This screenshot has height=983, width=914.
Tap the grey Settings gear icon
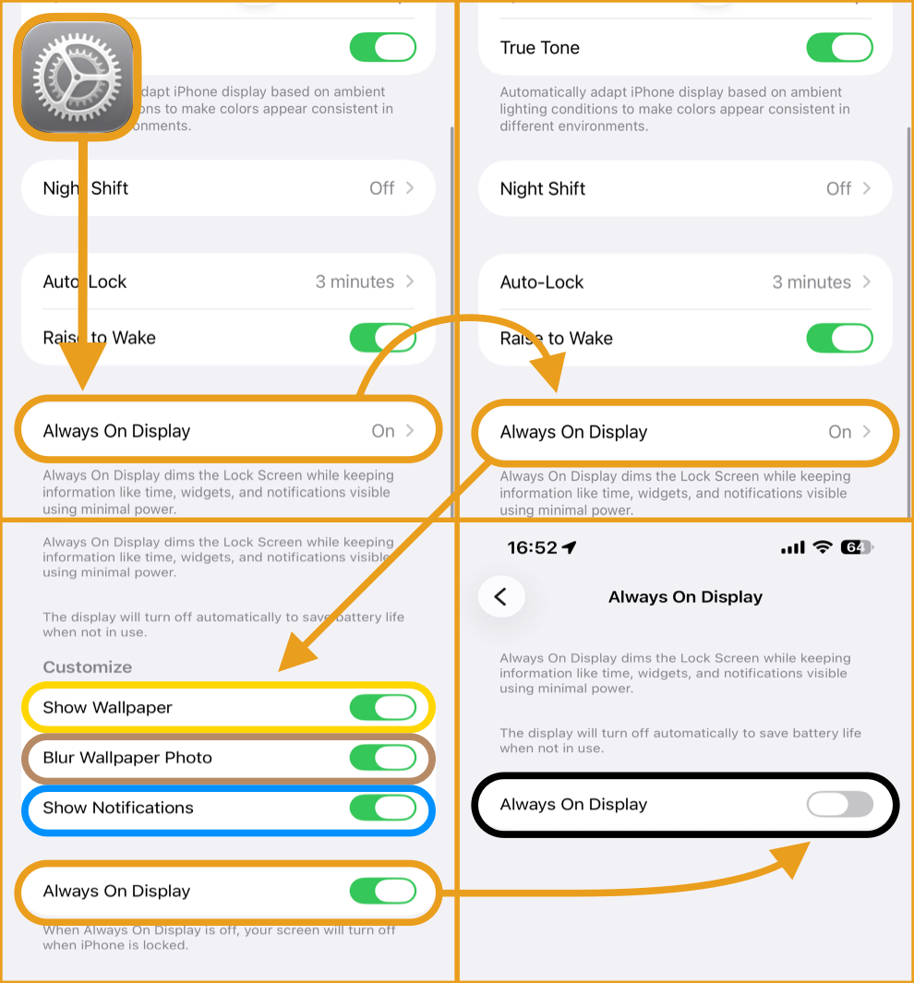pos(78,78)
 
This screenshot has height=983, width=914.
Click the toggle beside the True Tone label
pos(839,48)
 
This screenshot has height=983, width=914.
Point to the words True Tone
pos(540,48)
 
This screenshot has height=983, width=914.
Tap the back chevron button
pos(501,596)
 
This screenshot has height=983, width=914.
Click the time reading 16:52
pos(532,547)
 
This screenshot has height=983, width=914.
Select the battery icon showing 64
pos(857,547)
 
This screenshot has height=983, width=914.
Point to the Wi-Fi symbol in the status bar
pos(823,546)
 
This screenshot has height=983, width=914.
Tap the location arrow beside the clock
pos(569,547)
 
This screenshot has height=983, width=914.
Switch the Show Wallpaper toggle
pos(383,708)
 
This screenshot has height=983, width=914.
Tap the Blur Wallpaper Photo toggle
pos(383,757)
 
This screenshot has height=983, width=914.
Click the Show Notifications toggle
pos(383,808)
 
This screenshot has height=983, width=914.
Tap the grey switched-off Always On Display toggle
pos(840,804)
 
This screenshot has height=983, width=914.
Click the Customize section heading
pos(87,667)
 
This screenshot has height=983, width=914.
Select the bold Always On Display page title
pos(685,597)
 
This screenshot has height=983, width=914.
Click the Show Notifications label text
pos(118,808)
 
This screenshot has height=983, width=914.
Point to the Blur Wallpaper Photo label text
pos(127,758)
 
